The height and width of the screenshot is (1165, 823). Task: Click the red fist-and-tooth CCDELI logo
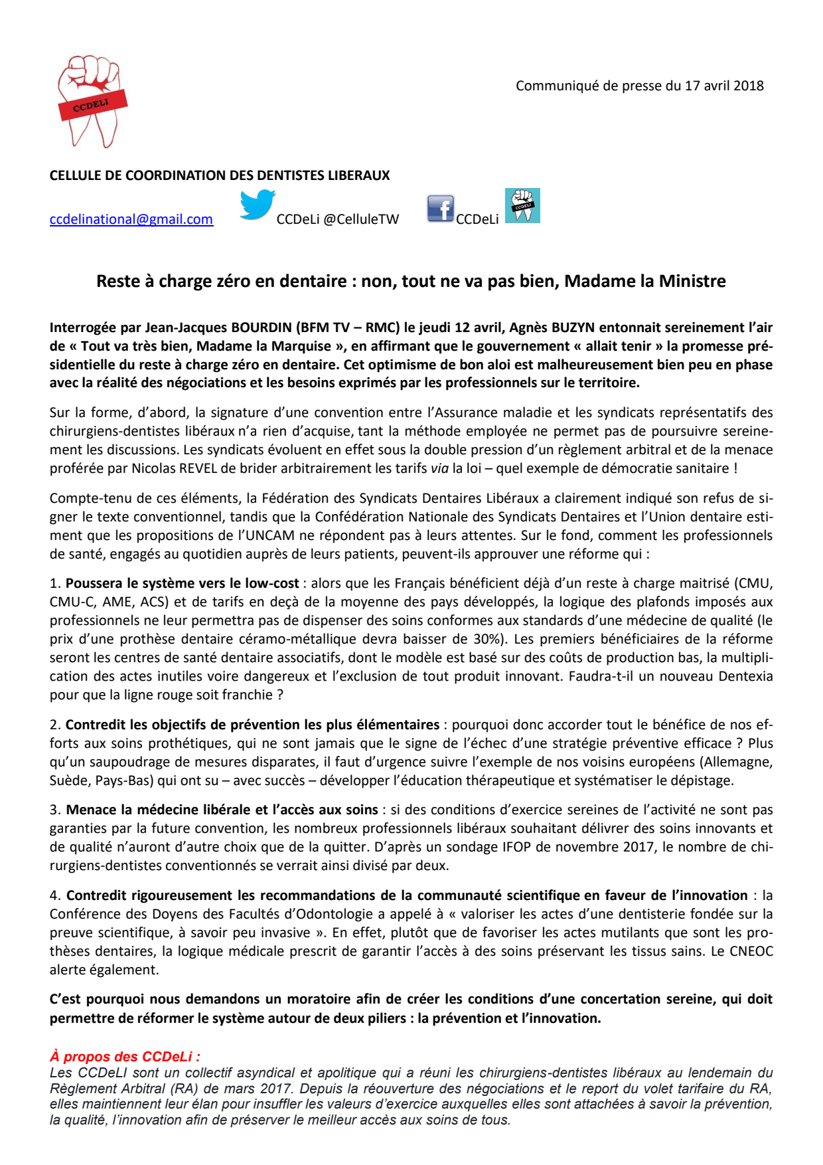click(x=92, y=102)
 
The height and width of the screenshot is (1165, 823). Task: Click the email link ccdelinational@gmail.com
click(x=131, y=219)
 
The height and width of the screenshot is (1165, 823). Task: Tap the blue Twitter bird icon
click(x=257, y=205)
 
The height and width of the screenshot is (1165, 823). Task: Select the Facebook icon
click(x=440, y=209)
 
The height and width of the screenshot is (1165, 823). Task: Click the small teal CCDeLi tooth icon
click(x=522, y=205)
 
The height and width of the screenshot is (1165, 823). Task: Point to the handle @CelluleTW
click(x=361, y=219)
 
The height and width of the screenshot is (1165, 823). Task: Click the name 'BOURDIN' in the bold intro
click(x=261, y=327)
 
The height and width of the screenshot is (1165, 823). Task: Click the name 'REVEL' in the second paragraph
click(x=198, y=468)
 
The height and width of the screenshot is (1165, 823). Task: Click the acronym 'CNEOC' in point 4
click(x=751, y=951)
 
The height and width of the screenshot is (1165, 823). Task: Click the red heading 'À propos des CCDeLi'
click(x=125, y=1057)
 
